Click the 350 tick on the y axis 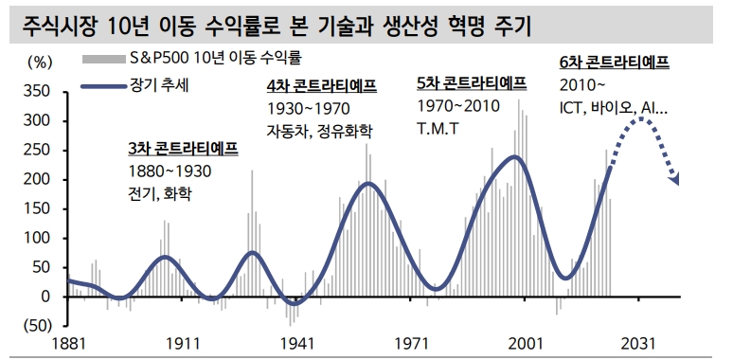tap(39, 92)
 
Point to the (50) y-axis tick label tap(38, 326)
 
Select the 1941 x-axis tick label tap(296, 346)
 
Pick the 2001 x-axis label tap(526, 346)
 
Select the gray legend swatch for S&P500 tap(98, 59)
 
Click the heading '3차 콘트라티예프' tap(183, 150)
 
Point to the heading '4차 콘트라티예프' tap(322, 86)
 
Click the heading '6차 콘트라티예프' tap(614, 63)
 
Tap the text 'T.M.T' tap(438, 127)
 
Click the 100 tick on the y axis tap(39, 238)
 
